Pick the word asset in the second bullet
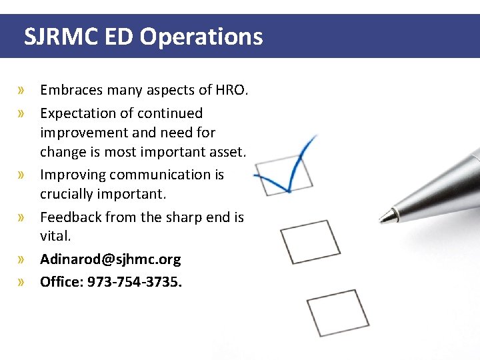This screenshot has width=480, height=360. click(x=229, y=152)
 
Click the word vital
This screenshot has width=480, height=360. click(x=55, y=236)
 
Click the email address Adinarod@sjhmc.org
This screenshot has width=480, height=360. click(x=110, y=259)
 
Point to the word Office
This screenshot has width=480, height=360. click(x=61, y=281)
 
